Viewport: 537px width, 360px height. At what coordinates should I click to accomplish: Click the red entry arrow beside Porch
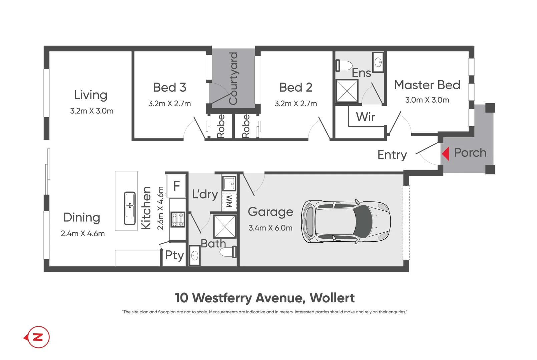pos(446,154)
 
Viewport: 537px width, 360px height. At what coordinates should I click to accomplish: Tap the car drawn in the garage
pos(346,222)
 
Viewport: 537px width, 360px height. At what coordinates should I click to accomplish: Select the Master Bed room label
pos(427,85)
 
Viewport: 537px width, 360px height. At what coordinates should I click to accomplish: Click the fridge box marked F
pos(176,186)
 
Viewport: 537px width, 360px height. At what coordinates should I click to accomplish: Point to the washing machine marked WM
pos(229,201)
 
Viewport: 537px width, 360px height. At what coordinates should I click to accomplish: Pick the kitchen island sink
pos(130,208)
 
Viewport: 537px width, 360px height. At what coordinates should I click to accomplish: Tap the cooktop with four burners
pos(178,220)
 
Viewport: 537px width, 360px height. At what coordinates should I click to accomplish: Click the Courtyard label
pos(233,78)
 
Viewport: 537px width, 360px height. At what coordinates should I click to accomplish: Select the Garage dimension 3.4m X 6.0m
pos(270,228)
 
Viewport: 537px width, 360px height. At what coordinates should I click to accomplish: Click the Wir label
pos(365,117)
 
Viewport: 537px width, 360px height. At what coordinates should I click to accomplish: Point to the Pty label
pos(174,255)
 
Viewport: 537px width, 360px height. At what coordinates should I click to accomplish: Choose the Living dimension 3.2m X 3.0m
pos(92,111)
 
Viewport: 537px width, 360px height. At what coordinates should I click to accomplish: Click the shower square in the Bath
pos(224,227)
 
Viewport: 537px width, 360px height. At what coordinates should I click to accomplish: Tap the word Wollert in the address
pos(332,298)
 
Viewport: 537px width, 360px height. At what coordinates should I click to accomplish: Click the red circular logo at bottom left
pos(39,337)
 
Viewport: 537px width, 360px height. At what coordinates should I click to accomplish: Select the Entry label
pos(392,155)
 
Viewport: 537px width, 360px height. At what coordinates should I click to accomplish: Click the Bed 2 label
pos(296,87)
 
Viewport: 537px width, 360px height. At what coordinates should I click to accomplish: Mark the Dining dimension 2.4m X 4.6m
pos(83,234)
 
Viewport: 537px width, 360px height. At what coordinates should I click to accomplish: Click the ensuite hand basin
pos(378,62)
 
